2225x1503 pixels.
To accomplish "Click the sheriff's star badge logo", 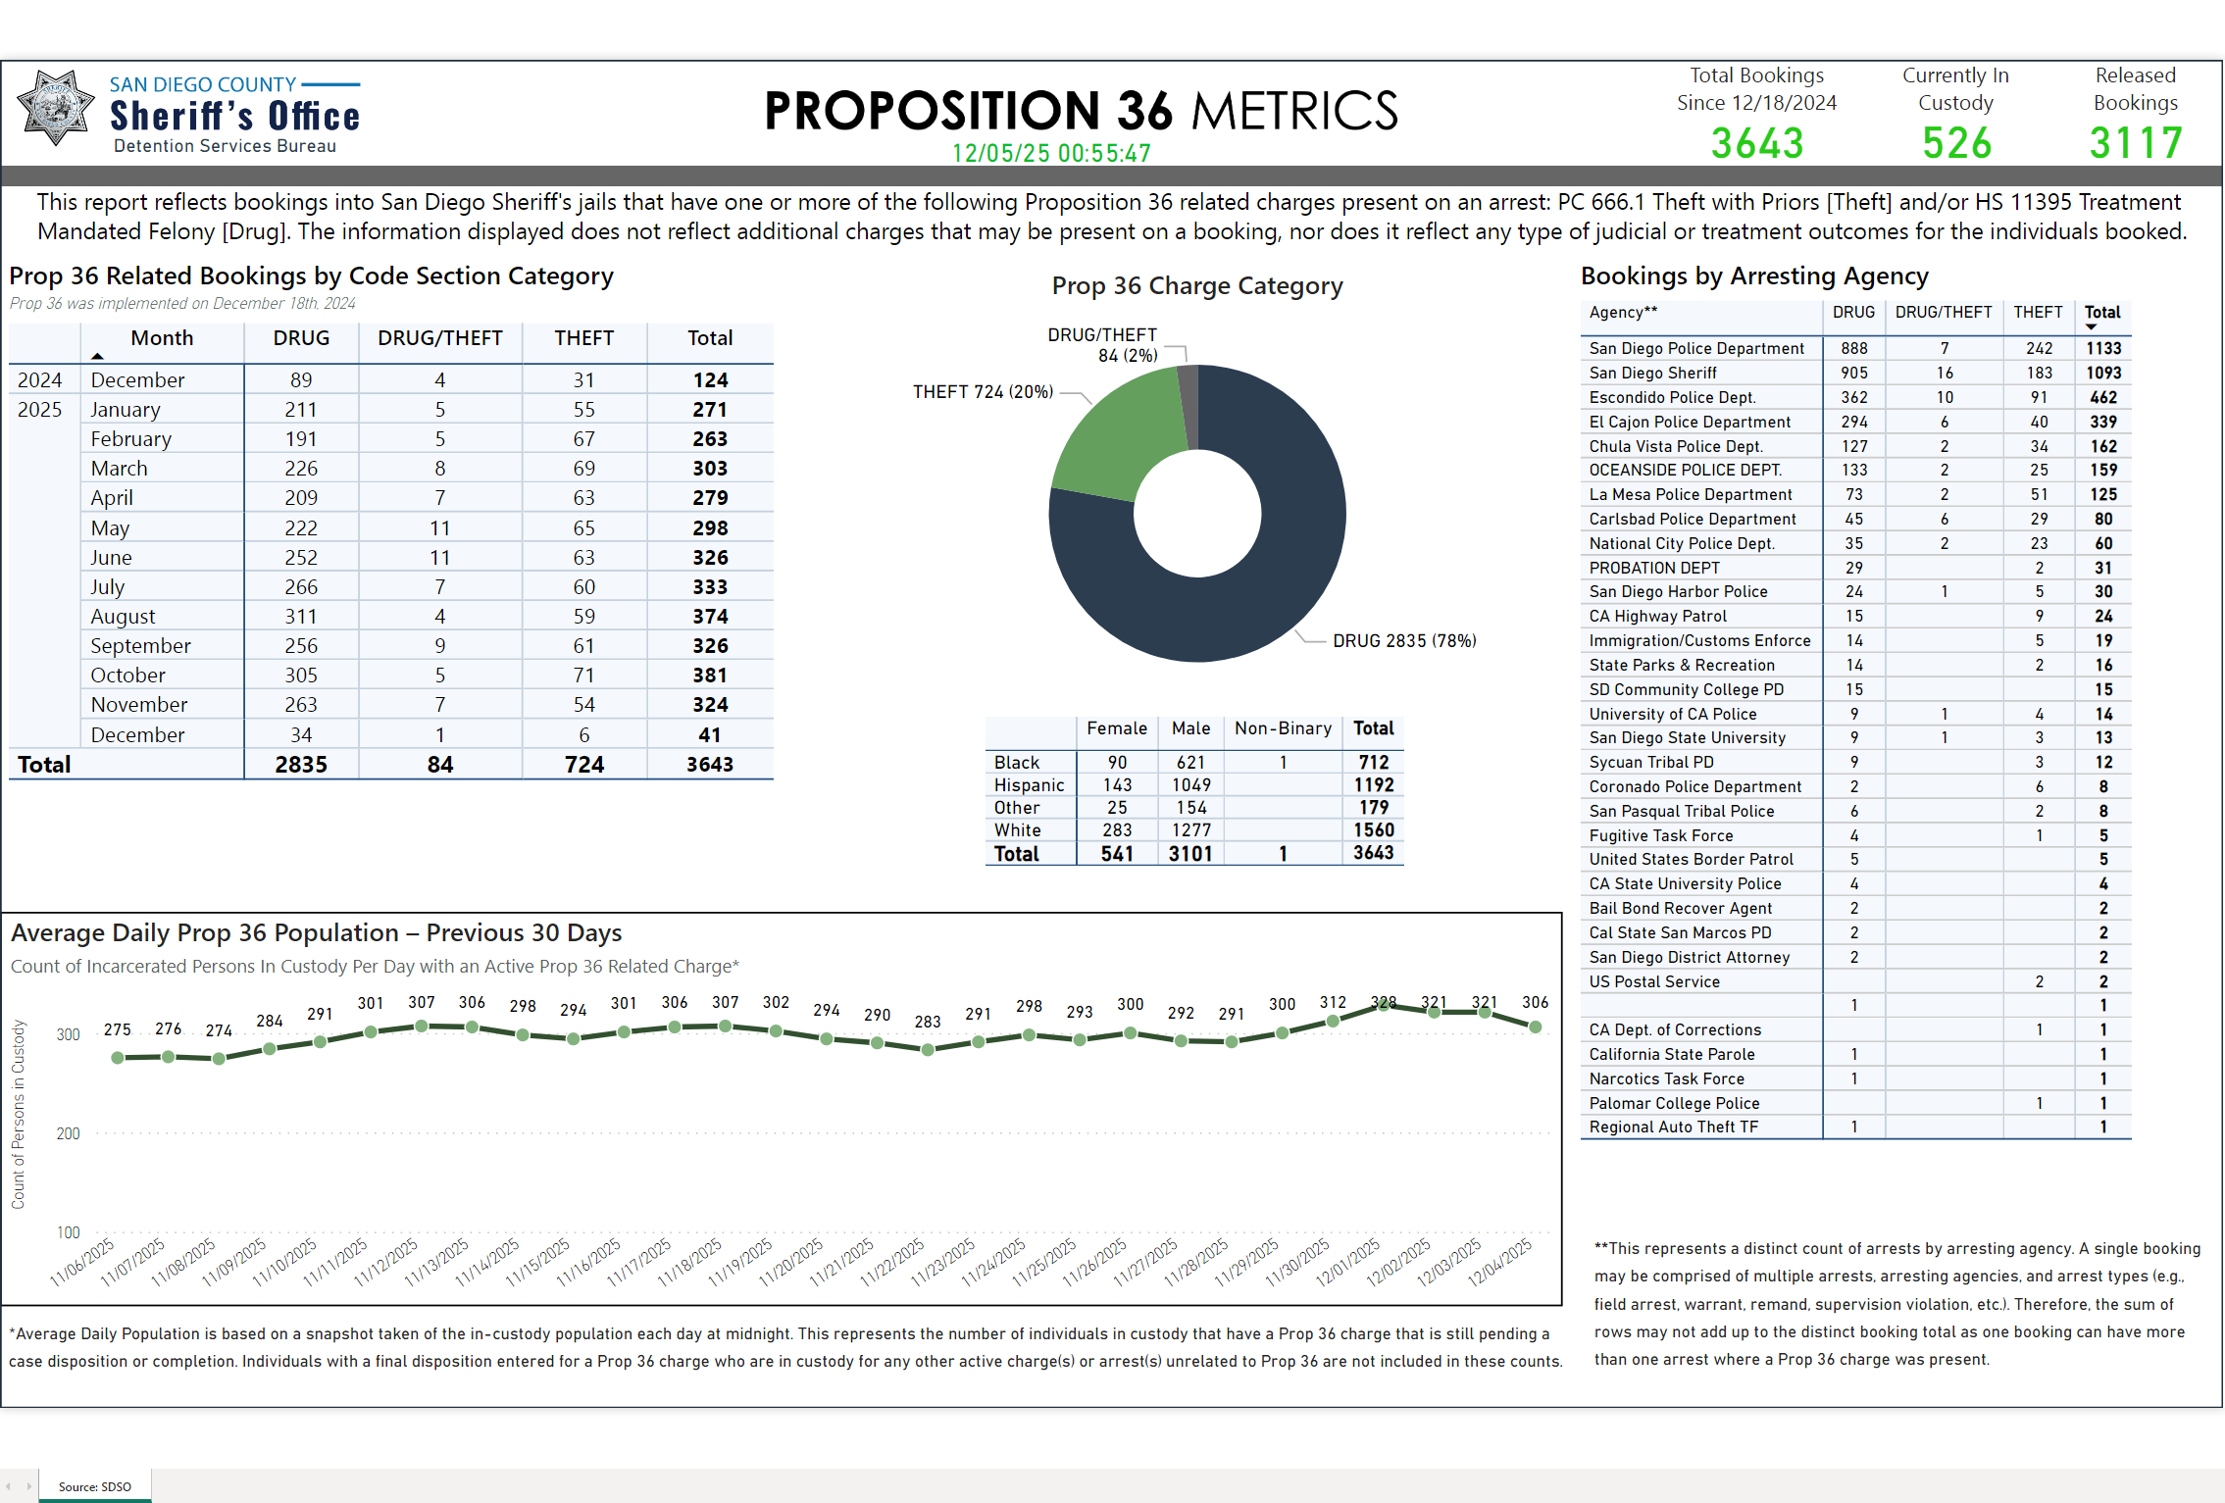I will (56, 108).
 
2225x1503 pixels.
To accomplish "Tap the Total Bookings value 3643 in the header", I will (1756, 144).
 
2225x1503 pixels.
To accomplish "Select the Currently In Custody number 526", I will (1956, 144).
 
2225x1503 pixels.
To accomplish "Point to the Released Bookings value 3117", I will (2136, 144).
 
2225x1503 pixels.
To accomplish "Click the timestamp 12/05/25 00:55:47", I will (1051, 154).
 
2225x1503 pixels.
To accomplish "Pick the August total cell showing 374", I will (710, 617).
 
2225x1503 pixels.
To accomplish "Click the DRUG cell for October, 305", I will (301, 676).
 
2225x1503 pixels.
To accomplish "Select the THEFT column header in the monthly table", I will (583, 338).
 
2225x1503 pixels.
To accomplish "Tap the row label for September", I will (140, 646).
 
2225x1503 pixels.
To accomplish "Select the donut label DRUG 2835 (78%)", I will (1403, 641).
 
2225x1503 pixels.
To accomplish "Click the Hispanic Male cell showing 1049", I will (1190, 785).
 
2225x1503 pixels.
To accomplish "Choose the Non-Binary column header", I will (1283, 728).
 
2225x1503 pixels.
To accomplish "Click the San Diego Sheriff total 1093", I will (2102, 373).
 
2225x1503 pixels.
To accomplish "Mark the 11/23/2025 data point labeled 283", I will (928, 1049).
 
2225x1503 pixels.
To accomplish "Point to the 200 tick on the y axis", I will (69, 1133).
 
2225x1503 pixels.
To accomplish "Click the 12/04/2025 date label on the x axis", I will (1499, 1263).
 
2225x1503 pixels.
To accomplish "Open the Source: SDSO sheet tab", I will (94, 1486).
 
